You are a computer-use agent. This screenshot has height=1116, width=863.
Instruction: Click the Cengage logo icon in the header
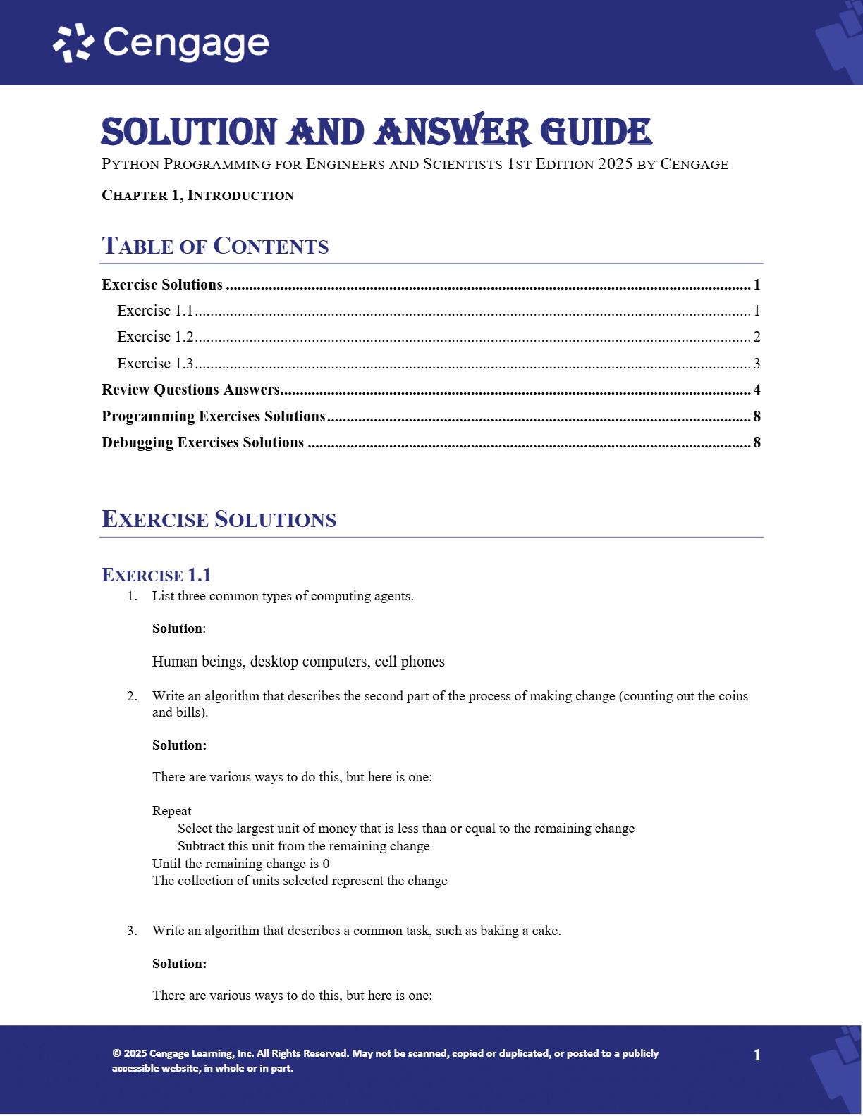click(x=73, y=43)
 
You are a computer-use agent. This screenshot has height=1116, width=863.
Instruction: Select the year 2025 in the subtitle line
click(x=615, y=164)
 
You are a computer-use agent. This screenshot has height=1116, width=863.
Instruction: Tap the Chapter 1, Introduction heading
click(x=197, y=195)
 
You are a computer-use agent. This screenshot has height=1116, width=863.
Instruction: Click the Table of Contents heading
click(x=215, y=246)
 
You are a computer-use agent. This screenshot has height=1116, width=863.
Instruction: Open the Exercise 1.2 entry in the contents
click(x=155, y=337)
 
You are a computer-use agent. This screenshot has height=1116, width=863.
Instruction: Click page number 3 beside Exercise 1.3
click(x=757, y=364)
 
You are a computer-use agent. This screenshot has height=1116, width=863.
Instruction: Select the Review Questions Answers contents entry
click(x=190, y=390)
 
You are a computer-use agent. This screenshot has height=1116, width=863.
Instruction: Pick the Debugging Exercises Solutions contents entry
click(x=202, y=442)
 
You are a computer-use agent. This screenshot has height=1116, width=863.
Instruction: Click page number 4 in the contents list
click(x=757, y=390)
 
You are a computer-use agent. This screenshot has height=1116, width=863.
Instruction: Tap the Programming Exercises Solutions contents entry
click(x=213, y=416)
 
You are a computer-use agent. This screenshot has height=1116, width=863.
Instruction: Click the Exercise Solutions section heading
click(x=219, y=519)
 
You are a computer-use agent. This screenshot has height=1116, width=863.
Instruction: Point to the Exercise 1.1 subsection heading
click(x=157, y=575)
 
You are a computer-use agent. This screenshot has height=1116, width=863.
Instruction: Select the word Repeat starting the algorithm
click(x=171, y=811)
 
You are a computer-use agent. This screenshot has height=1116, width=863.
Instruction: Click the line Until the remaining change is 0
click(x=240, y=864)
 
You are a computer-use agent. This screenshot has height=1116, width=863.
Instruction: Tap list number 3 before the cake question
click(x=132, y=931)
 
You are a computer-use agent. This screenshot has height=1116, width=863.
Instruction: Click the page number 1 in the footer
click(x=757, y=1055)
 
